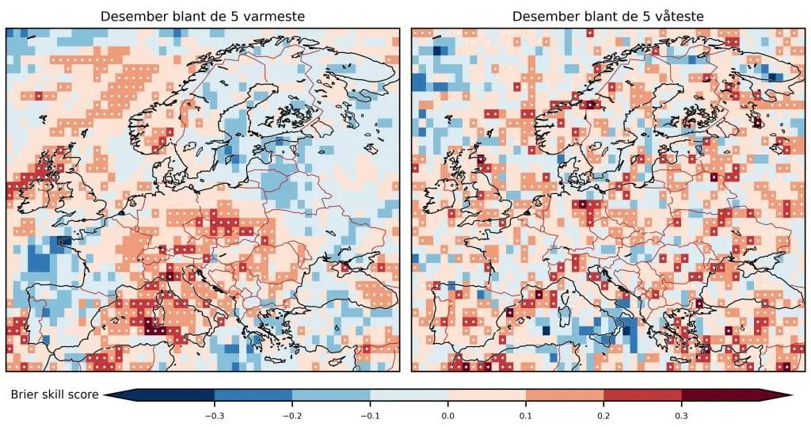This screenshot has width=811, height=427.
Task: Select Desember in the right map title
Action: (x=543, y=17)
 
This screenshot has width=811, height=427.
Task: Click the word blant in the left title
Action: (x=185, y=17)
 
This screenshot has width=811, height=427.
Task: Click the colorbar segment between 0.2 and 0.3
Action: (x=642, y=395)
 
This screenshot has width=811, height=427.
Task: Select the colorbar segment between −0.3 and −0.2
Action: (x=253, y=395)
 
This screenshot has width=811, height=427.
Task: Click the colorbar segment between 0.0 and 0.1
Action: (x=486, y=395)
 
